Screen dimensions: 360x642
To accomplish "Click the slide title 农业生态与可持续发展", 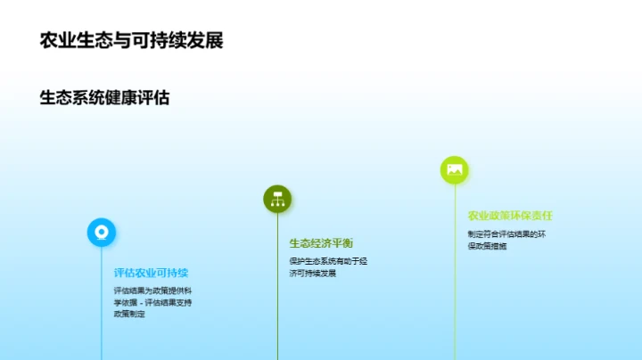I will point(131,40).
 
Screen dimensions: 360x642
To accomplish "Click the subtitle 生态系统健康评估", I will point(104,98).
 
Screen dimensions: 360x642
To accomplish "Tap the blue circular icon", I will point(101,232).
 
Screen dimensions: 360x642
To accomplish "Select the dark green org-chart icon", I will point(277,199).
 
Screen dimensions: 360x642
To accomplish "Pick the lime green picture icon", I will point(454,169).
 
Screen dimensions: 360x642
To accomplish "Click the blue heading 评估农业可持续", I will point(151,273).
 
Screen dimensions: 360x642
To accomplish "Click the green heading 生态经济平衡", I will point(320,243).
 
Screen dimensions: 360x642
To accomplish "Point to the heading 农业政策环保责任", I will point(510,216).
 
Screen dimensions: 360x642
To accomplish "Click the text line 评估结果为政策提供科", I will point(151,290).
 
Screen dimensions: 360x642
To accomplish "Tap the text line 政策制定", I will point(128,314).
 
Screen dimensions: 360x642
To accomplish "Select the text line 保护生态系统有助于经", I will point(327,261).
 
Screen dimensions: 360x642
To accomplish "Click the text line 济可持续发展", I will point(312,273).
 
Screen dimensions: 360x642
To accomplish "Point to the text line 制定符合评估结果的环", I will point(505,234).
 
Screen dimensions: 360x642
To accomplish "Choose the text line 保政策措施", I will point(486,246).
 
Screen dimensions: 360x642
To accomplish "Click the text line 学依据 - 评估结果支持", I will point(152,302).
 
